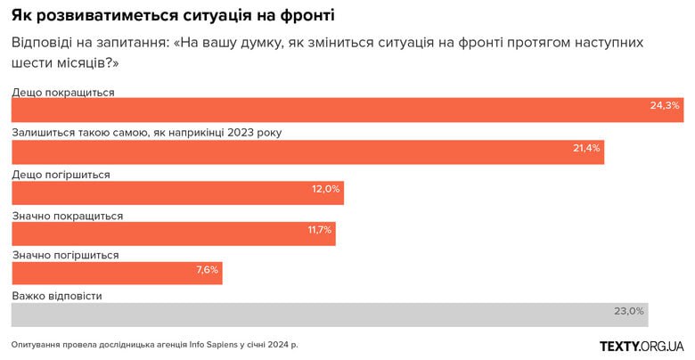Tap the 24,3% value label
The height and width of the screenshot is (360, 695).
[665, 105]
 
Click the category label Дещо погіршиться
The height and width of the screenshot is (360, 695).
[61, 175]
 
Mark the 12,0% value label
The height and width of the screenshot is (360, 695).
[325, 189]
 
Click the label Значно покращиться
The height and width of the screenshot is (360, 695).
[67, 216]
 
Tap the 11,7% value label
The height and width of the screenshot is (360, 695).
[319, 230]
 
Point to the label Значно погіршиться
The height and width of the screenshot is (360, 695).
[65, 256]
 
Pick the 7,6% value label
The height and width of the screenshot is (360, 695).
[207, 270]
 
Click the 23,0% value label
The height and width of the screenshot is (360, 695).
[628, 311]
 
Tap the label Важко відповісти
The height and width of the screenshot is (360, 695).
[57, 296]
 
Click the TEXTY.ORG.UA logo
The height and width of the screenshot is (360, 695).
[641, 345]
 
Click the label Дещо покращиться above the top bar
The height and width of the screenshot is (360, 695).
[62, 92]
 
